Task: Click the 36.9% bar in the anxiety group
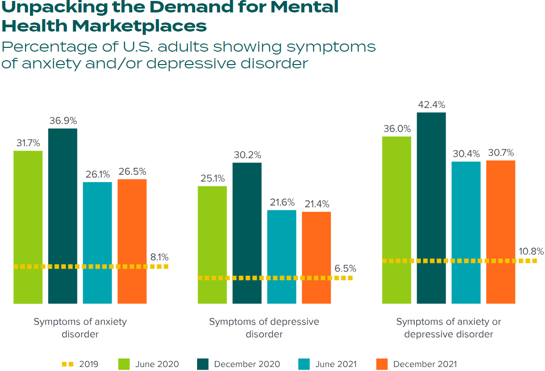click(x=63, y=216)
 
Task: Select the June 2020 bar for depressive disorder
click(x=212, y=244)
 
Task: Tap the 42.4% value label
click(x=431, y=104)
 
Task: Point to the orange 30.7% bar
click(x=501, y=231)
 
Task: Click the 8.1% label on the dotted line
click(x=159, y=257)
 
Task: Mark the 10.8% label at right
click(x=530, y=251)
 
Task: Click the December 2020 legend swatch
click(x=203, y=364)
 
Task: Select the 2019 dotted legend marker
click(x=68, y=364)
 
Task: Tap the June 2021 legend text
click(x=335, y=364)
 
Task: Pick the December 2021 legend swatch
click(x=382, y=364)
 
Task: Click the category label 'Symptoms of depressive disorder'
click(x=264, y=328)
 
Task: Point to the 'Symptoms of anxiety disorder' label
click(x=80, y=328)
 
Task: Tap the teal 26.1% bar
click(x=97, y=242)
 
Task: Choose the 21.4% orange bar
click(x=316, y=257)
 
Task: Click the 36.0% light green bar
click(x=397, y=219)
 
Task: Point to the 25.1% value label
click(x=212, y=178)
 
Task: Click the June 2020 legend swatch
click(x=124, y=364)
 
